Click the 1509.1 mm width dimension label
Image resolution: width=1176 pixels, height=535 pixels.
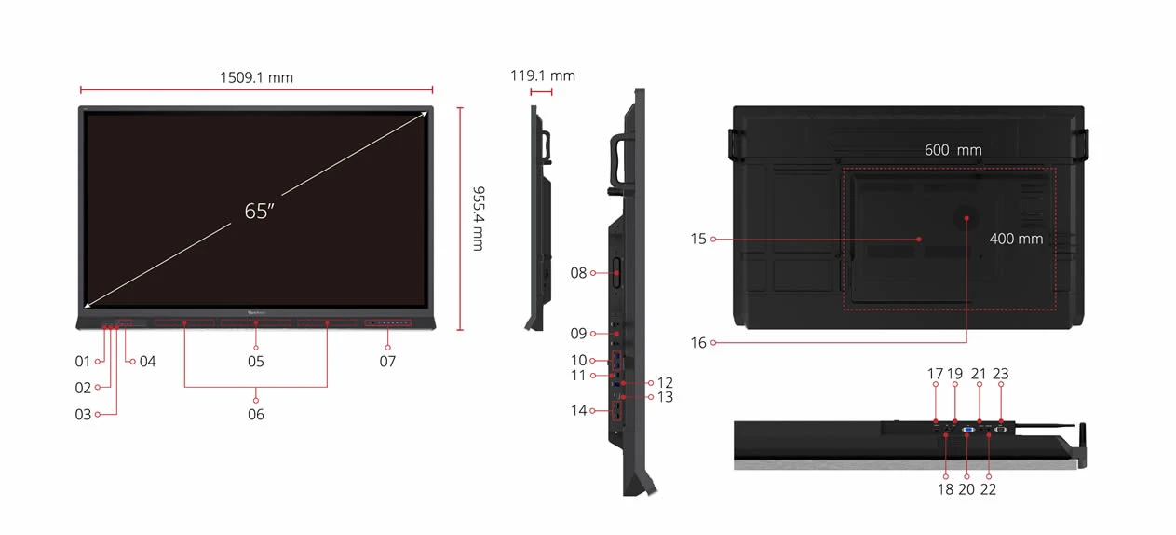[x=256, y=77]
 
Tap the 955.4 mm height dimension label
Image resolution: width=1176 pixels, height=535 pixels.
[x=479, y=219]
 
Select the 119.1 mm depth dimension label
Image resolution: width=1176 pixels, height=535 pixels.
[x=542, y=75]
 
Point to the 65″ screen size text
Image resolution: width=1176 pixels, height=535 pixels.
[x=260, y=212]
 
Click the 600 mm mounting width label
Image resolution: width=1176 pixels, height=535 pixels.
[x=953, y=150]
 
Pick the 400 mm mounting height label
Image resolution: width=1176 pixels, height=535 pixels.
[x=1016, y=239]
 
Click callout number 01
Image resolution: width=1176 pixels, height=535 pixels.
[x=83, y=362]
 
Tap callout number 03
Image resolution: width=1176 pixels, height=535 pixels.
[x=83, y=415]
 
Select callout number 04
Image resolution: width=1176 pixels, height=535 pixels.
[x=147, y=362]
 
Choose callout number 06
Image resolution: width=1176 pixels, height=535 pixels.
[x=256, y=415]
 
